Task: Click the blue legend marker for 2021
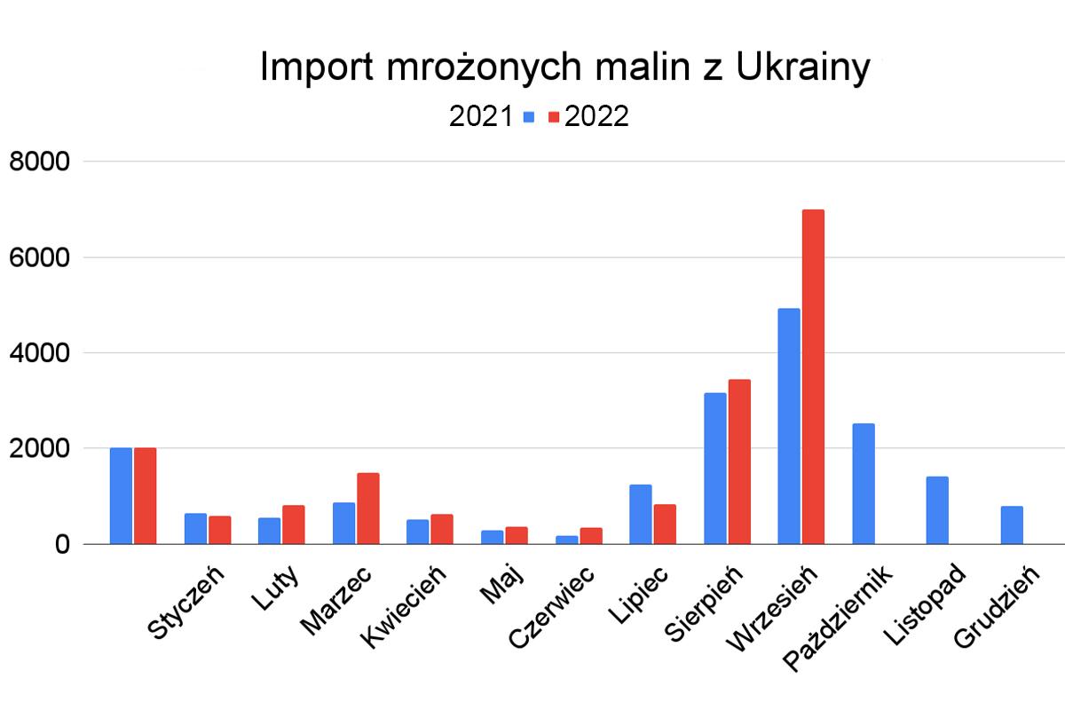click(x=529, y=116)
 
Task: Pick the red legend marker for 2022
click(x=553, y=116)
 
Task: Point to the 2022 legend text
click(x=596, y=116)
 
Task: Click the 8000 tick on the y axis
click(x=39, y=162)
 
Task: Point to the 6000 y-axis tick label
click(x=39, y=258)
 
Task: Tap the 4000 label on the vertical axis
click(x=39, y=353)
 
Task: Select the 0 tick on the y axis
click(x=59, y=544)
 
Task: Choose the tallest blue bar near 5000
click(x=789, y=426)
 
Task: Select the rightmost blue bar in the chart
click(x=1012, y=525)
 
